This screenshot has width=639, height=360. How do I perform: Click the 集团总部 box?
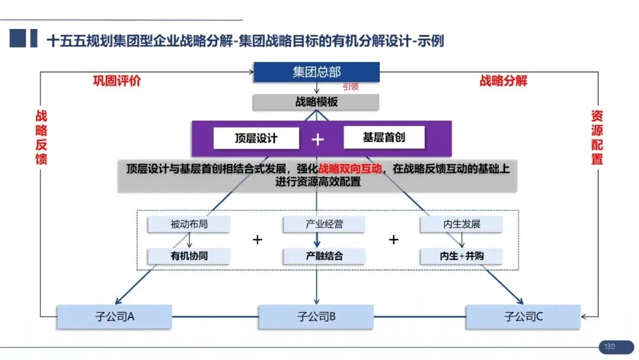tap(317, 72)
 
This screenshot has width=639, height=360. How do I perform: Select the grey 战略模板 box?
tap(316, 102)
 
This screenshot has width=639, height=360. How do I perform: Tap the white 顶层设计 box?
tap(256, 139)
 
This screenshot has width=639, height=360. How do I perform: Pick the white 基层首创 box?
tap(384, 138)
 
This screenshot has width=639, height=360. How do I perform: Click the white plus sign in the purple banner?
tap(318, 139)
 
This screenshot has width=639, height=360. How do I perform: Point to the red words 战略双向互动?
tap(350, 169)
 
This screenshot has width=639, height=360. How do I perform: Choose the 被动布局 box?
tap(189, 224)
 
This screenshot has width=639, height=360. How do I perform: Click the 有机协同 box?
tap(189, 256)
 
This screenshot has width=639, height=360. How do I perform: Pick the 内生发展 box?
tap(461, 224)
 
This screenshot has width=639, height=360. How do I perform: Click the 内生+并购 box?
tap(461, 256)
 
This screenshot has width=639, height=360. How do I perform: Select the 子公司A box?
tap(115, 317)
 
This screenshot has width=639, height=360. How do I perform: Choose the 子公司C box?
tap(523, 317)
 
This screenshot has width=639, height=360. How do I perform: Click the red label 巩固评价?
tap(117, 81)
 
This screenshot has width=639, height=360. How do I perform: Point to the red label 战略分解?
tap(503, 81)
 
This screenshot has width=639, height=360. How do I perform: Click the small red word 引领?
tap(350, 87)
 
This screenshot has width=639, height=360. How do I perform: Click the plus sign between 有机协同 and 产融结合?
tap(257, 240)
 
